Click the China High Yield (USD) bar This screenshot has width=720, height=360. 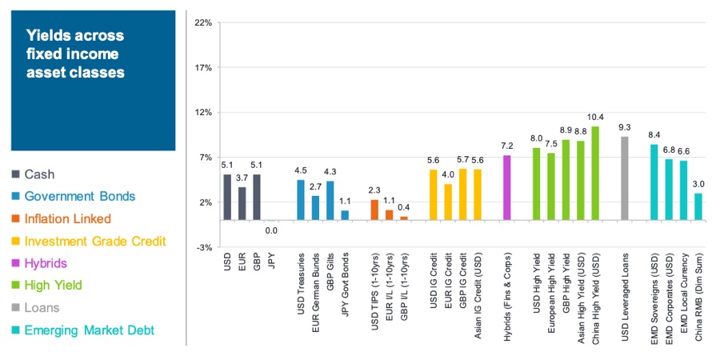[x=594, y=173]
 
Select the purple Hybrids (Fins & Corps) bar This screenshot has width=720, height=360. [x=506, y=187]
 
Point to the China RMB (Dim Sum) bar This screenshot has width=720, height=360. [x=698, y=206]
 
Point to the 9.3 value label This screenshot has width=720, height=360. [x=624, y=127]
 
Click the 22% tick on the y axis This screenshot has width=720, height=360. [x=203, y=23]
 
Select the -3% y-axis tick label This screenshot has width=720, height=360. [x=203, y=248]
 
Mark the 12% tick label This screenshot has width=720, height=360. [x=203, y=113]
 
